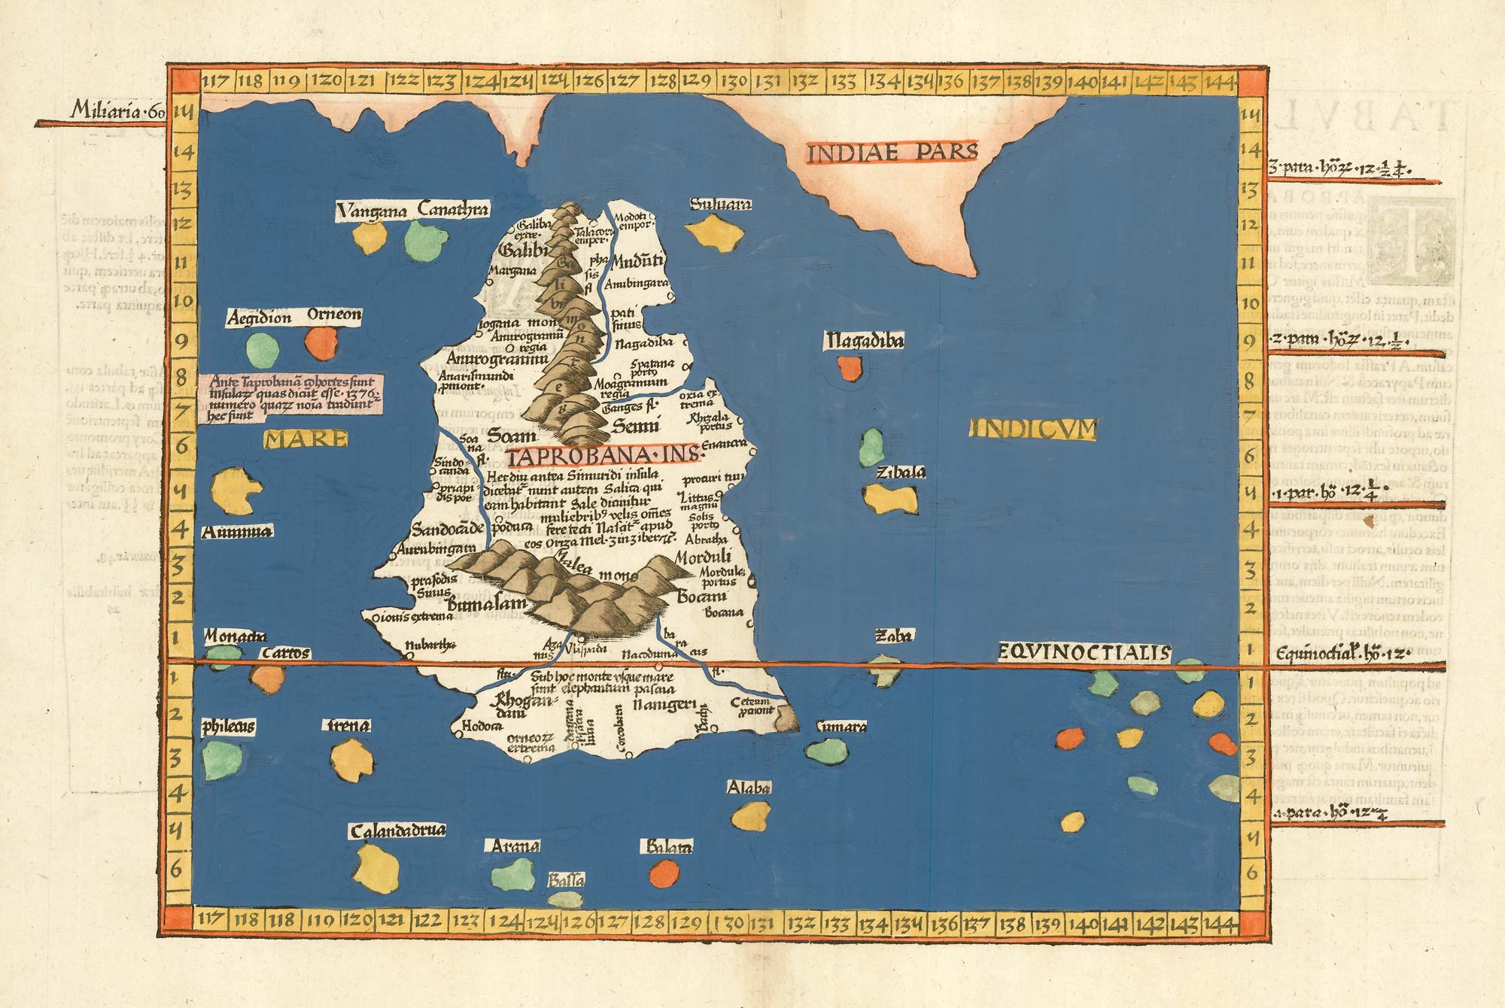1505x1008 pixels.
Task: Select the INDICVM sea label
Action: tap(1034, 430)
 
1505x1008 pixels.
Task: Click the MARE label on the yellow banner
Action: tap(306, 439)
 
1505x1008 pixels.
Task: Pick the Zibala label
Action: tap(900, 472)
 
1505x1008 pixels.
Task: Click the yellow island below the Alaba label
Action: tap(752, 815)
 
